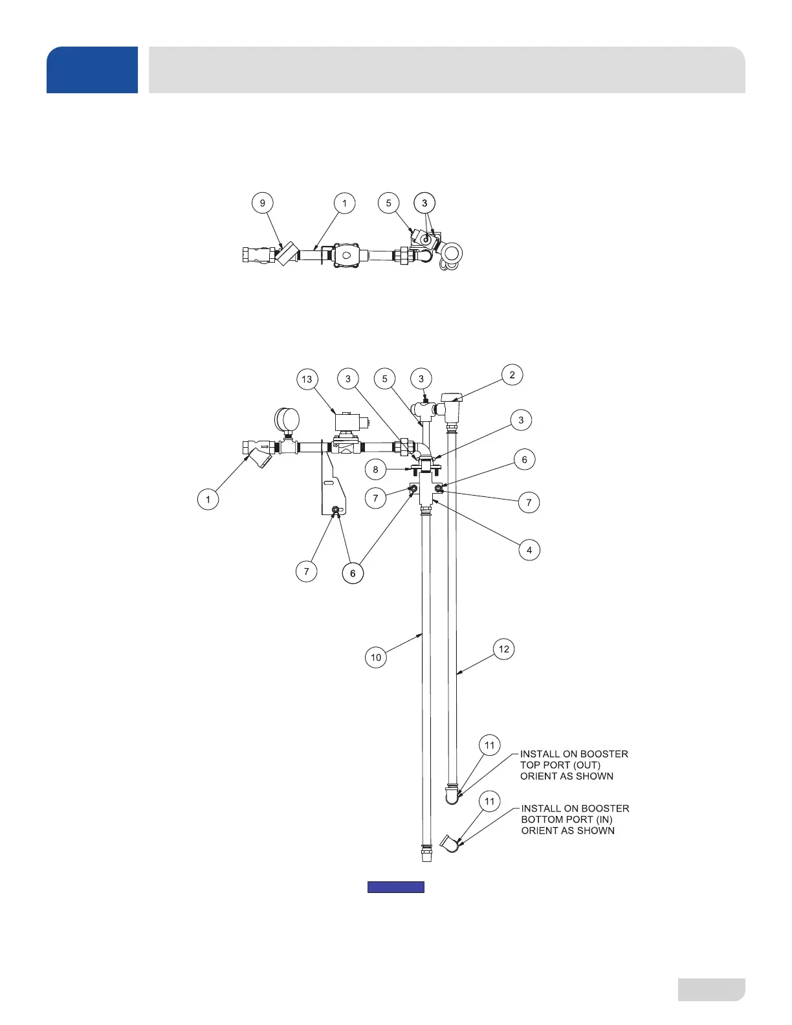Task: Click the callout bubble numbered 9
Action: point(262,203)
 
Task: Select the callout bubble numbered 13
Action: point(307,380)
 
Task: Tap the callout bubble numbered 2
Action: point(512,375)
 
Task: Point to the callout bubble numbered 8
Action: point(375,469)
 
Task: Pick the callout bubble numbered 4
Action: point(529,550)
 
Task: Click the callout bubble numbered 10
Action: point(376,657)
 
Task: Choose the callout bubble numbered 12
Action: point(504,649)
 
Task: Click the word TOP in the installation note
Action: point(530,765)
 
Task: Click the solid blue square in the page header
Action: point(92,70)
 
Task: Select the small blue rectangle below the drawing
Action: point(396,887)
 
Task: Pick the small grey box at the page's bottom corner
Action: point(711,989)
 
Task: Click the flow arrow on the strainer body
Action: point(264,446)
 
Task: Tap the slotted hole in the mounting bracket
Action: point(329,484)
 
